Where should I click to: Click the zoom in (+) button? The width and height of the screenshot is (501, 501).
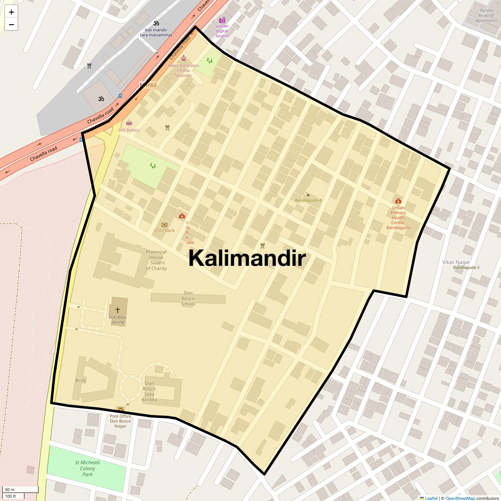tap(11, 12)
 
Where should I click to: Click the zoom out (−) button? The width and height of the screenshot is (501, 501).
tap(11, 25)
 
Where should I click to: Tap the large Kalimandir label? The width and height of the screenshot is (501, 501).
tap(247, 258)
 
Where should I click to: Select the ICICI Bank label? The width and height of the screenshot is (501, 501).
tap(164, 230)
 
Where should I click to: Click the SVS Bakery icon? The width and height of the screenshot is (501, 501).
tap(129, 123)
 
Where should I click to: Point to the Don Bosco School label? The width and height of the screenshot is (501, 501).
tap(188, 299)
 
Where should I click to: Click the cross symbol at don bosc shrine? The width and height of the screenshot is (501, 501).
tap(118, 310)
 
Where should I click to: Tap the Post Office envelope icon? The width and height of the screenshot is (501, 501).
tap(120, 410)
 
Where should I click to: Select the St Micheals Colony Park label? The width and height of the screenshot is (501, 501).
tap(87, 468)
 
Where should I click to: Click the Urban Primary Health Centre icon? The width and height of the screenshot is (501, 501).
tap(398, 201)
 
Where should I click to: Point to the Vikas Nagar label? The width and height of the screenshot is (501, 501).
tap(456, 262)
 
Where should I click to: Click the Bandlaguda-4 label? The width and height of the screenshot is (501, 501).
tap(308, 200)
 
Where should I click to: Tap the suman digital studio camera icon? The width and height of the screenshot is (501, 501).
tap(222, 20)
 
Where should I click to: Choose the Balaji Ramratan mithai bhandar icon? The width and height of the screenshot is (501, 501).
tap(184, 58)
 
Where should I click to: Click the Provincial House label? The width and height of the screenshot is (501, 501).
tap(156, 260)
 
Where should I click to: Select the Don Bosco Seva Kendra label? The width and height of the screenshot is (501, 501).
tap(149, 392)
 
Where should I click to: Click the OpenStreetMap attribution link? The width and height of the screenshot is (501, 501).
tap(460, 498)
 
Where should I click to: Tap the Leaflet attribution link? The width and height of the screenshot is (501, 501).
tap(431, 498)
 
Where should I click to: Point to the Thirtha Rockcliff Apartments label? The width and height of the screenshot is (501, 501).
tap(486, 15)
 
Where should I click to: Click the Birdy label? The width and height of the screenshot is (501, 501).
tap(81, 380)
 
